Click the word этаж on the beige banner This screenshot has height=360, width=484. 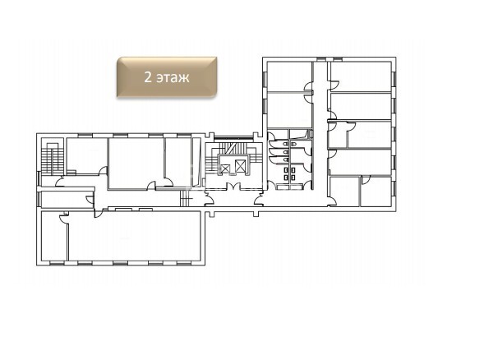[x=173, y=77]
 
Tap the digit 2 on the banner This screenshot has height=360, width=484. [x=148, y=77]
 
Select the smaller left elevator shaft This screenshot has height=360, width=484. [x=226, y=168]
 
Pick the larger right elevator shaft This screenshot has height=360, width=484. [x=239, y=165]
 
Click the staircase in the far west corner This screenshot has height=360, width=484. [x=52, y=159]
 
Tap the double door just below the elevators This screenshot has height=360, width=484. [x=233, y=186]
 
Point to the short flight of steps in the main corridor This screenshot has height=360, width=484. [x=186, y=198]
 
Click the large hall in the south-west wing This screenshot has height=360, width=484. [x=135, y=236]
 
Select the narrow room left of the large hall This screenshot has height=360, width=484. [x=54, y=236]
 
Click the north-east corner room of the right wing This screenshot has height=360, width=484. [x=361, y=76]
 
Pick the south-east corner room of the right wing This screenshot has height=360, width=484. [x=376, y=192]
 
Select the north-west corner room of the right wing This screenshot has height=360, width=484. [x=289, y=76]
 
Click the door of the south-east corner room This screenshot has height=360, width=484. [x=366, y=180]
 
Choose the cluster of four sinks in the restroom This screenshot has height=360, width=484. [x=289, y=173]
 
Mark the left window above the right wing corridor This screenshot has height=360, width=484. [x=320, y=58]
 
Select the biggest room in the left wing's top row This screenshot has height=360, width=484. [x=136, y=163]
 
